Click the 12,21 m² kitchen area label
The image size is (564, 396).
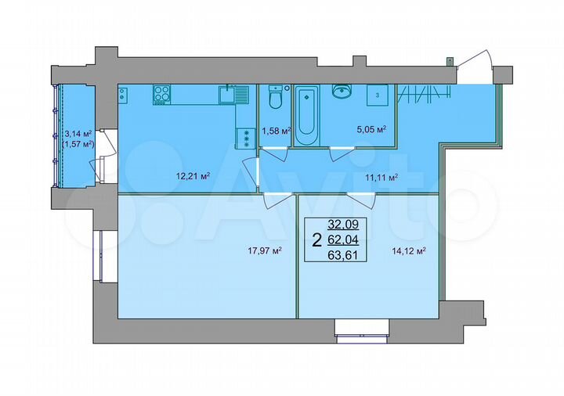(193, 176)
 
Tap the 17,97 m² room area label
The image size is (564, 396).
(263, 250)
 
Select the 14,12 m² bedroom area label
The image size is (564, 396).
(407, 250)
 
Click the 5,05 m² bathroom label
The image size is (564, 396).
(371, 130)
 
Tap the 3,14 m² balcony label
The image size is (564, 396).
(78, 134)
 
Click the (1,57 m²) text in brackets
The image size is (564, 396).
(78, 144)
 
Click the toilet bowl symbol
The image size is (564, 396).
(274, 99)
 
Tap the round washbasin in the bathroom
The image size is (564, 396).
(342, 92)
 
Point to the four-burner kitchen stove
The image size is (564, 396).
(163, 93)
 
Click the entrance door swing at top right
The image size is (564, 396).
(475, 67)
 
